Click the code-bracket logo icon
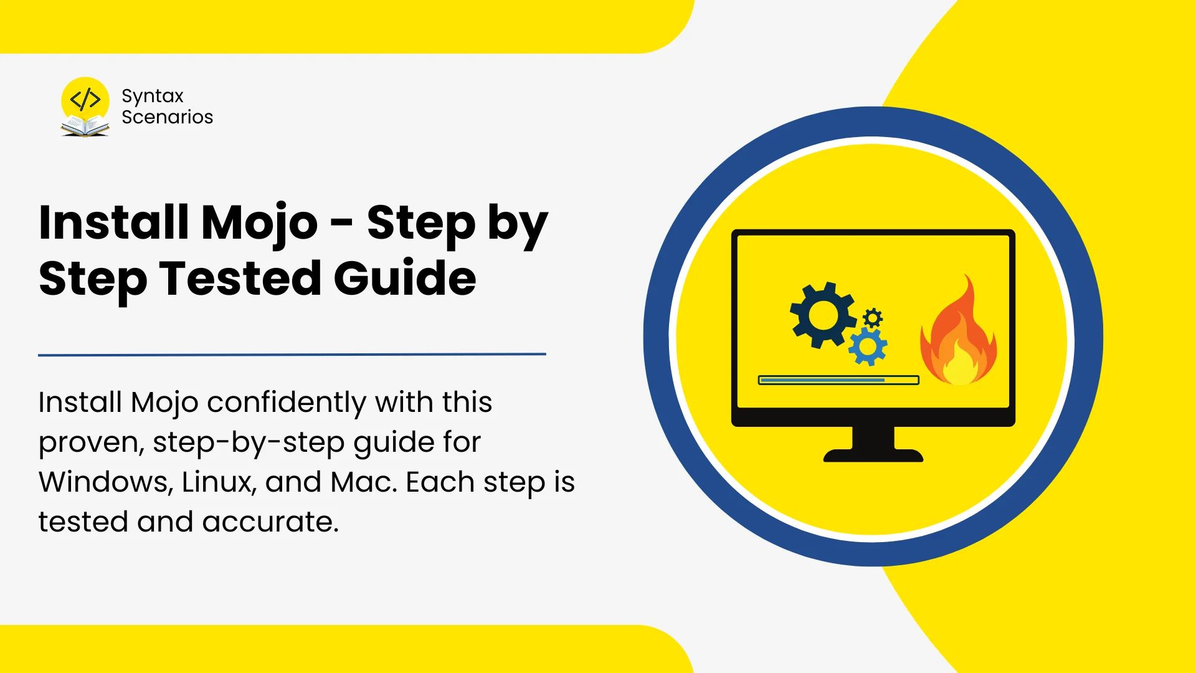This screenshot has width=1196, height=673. click(x=85, y=100)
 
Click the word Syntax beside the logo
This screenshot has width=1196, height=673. click(x=153, y=97)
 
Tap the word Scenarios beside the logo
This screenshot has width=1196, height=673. click(x=167, y=117)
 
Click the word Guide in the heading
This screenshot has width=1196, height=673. click(x=405, y=278)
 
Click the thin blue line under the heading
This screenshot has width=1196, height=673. click(x=292, y=355)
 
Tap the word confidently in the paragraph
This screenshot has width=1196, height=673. click(x=286, y=403)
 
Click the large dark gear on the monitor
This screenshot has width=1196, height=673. click(x=822, y=315)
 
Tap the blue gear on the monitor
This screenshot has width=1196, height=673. click(x=868, y=347)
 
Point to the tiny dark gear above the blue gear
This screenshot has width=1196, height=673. click(x=873, y=318)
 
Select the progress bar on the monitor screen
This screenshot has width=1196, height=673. click(x=838, y=380)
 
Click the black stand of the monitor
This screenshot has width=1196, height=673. click(x=873, y=444)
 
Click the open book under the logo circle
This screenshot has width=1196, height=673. click(x=85, y=126)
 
